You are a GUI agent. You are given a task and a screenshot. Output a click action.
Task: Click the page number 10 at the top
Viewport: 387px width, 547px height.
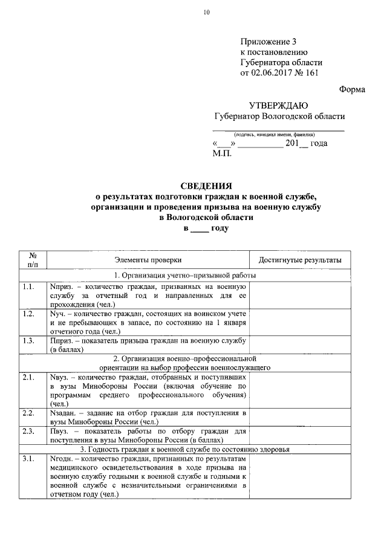[206, 13]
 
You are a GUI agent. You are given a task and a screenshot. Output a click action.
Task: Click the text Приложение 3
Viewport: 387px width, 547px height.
[269, 42]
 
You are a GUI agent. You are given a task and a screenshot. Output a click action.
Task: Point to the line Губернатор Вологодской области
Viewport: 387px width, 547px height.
[279, 116]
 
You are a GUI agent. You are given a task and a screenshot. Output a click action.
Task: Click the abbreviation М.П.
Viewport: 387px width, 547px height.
[223, 154]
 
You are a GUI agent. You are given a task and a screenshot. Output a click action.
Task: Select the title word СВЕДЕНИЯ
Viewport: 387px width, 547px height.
[206, 186]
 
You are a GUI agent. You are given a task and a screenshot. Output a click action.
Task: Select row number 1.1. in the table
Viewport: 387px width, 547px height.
[28, 286]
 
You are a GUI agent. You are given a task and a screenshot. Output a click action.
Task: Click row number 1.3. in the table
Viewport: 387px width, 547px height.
[28, 341]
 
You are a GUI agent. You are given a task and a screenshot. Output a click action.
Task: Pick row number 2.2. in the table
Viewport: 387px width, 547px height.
[28, 413]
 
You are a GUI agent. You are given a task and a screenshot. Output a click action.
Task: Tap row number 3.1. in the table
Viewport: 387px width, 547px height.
[28, 459]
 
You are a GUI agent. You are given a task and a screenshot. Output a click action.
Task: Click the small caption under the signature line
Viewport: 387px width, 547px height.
[279, 134]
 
